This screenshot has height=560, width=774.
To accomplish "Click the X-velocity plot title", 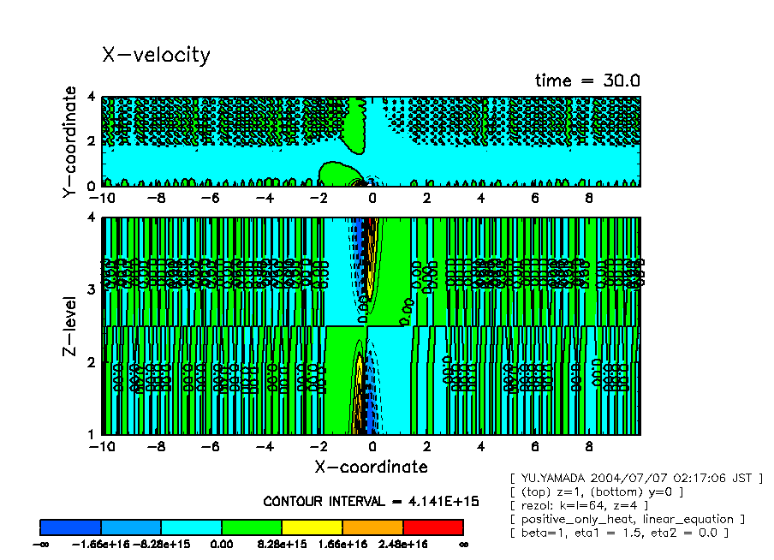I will click(x=156, y=55).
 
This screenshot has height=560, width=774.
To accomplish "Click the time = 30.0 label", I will click(x=587, y=80).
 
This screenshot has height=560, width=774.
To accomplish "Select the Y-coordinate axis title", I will click(x=70, y=143).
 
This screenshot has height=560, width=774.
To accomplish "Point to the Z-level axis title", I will click(x=72, y=326).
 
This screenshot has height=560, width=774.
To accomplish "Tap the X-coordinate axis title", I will click(x=371, y=467).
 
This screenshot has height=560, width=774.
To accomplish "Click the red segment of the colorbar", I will click(x=432, y=527).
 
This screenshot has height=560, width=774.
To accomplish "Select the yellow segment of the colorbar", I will click(x=312, y=527).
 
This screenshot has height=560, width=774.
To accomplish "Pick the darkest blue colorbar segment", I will click(x=71, y=527).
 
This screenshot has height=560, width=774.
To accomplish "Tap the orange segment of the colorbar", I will click(x=372, y=527).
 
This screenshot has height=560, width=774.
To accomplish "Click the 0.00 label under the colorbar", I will click(x=222, y=544).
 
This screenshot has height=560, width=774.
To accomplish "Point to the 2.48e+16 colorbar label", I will click(x=403, y=544).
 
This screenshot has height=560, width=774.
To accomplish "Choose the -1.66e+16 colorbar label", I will click(x=101, y=544).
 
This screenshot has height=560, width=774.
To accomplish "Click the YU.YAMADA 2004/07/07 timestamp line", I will click(x=635, y=478).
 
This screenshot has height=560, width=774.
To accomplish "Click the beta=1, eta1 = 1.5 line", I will click(x=618, y=533).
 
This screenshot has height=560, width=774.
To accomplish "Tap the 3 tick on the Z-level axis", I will click(x=92, y=289).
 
